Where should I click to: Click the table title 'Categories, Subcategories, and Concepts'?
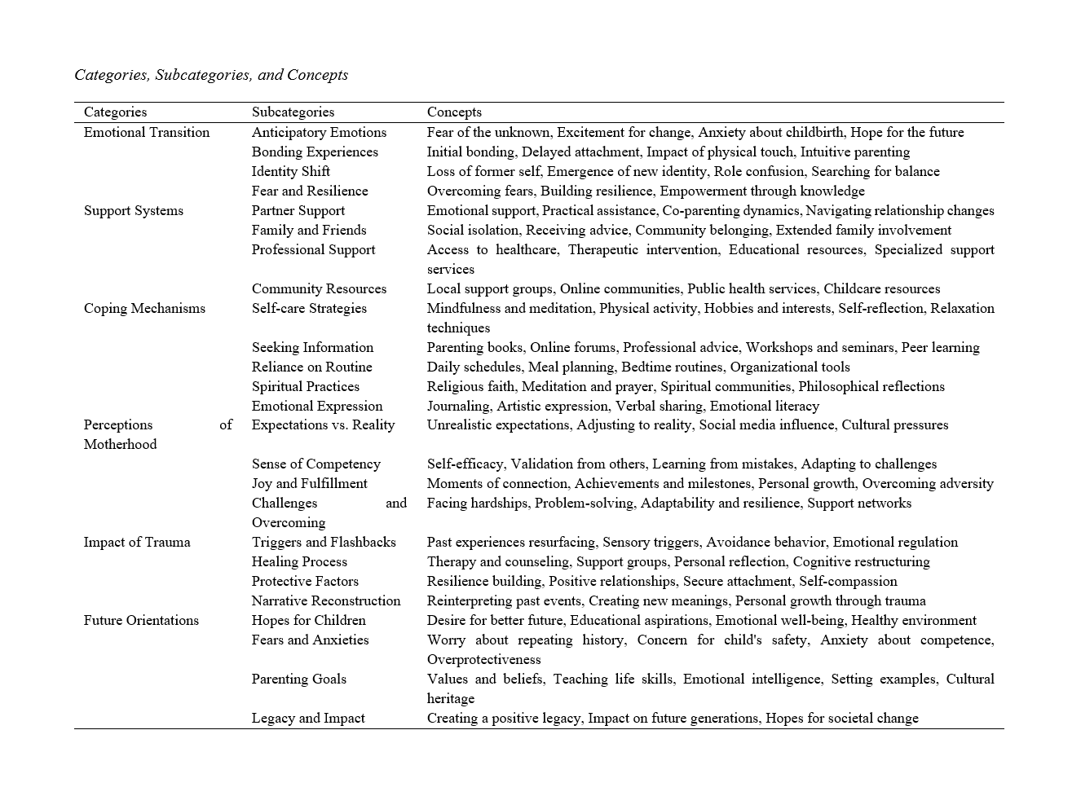[211, 75]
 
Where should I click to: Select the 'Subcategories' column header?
[293, 112]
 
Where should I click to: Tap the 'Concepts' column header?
[454, 112]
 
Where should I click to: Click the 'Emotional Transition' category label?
[147, 132]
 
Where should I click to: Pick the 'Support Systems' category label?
[134, 210]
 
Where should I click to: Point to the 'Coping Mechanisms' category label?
[144, 308]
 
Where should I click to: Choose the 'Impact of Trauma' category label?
[137, 542]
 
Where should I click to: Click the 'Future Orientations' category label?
[141, 620]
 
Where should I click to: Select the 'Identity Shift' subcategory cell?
[291, 171]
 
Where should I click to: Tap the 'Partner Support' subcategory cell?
[298, 210]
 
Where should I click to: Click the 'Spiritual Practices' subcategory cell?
[306, 386]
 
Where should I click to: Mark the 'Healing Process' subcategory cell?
[299, 561]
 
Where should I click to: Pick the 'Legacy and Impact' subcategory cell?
[308, 718]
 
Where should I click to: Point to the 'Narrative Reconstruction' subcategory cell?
[326, 600]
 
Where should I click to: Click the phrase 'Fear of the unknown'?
[488, 132]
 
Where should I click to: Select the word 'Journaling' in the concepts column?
[458, 406]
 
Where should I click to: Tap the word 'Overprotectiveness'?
[484, 659]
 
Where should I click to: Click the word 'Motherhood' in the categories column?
[121, 444]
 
